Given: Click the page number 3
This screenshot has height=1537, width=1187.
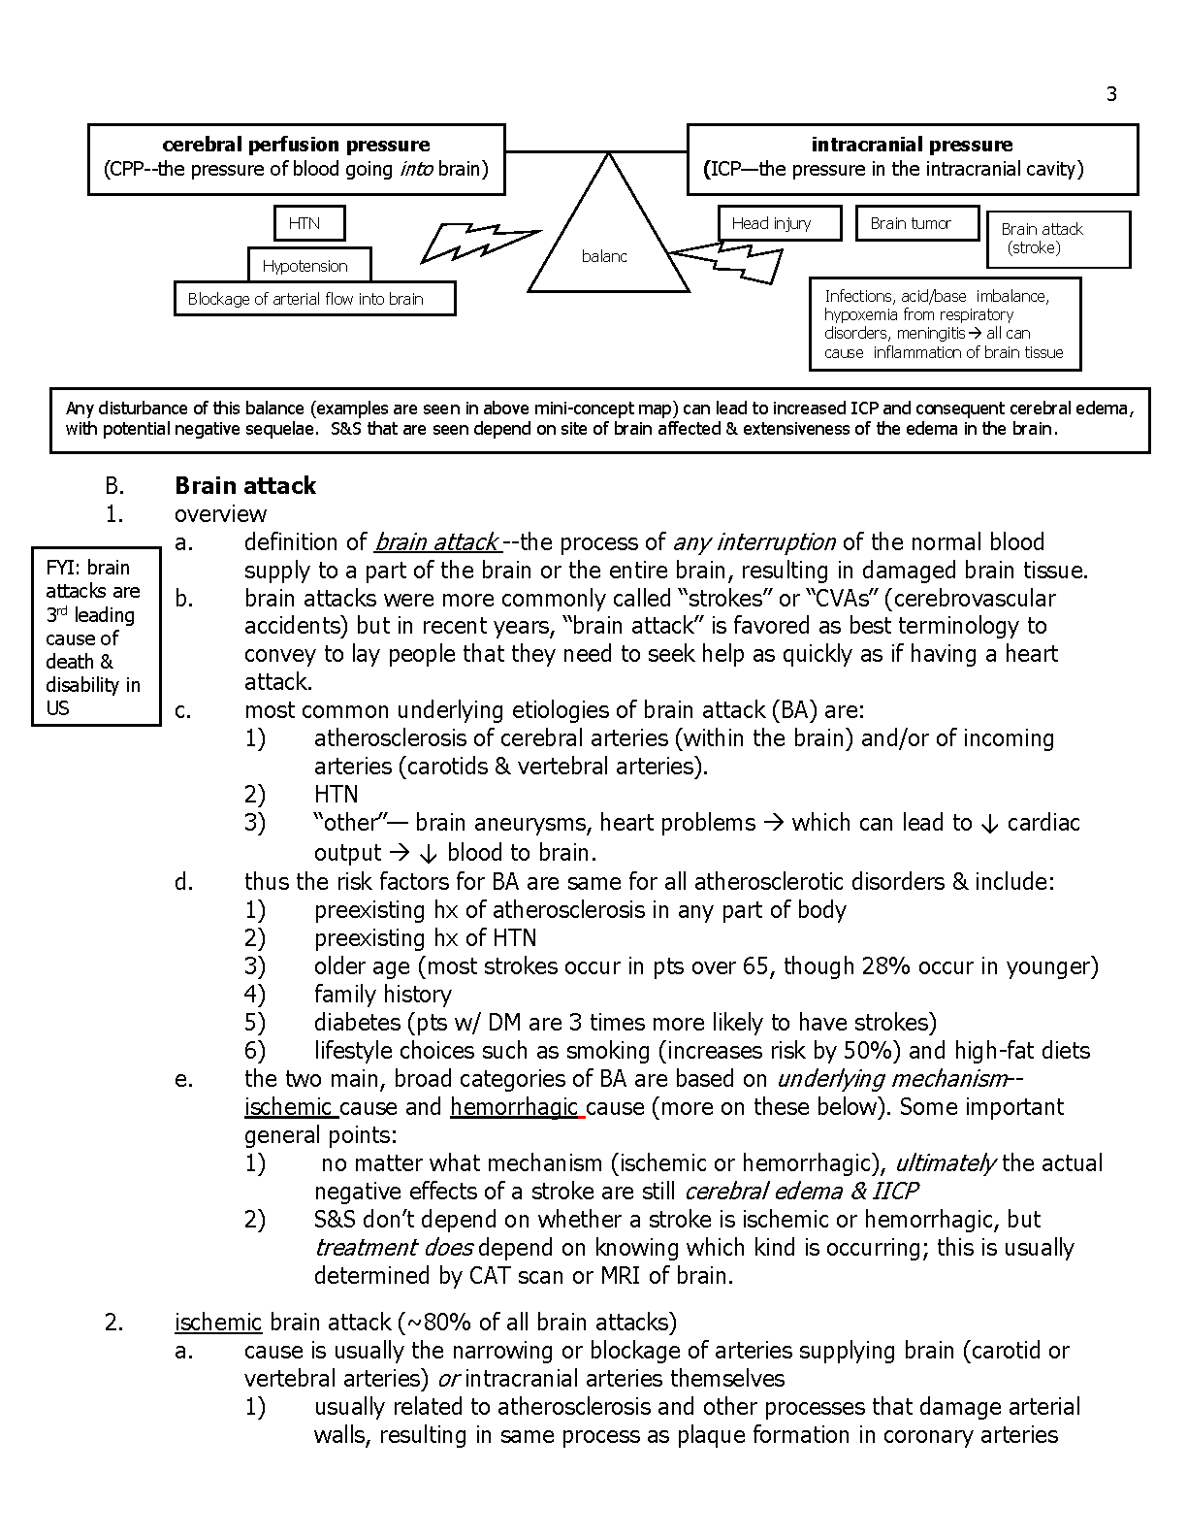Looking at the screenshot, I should tap(1111, 94).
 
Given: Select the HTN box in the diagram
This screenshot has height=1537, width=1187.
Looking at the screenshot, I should tap(304, 223).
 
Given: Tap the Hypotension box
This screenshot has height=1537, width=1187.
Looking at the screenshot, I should tap(305, 266).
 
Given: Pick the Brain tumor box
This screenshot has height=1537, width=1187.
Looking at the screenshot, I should tap(911, 223).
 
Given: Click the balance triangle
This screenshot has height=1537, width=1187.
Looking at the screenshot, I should tap(607, 243).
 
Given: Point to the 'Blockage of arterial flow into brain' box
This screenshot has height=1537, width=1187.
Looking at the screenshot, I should tap(314, 299).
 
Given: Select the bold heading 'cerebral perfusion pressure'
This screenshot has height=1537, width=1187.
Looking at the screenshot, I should tap(296, 145).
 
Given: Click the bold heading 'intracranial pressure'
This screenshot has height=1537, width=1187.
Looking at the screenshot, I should tap(912, 145).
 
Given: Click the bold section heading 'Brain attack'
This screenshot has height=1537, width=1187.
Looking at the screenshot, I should tap(245, 485).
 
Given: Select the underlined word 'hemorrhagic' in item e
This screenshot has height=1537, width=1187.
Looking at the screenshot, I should tap(514, 1107).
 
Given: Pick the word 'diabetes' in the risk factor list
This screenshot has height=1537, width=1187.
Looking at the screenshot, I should tap(357, 1023).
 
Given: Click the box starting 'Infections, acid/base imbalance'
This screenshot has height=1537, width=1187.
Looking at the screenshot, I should tap(945, 324).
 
